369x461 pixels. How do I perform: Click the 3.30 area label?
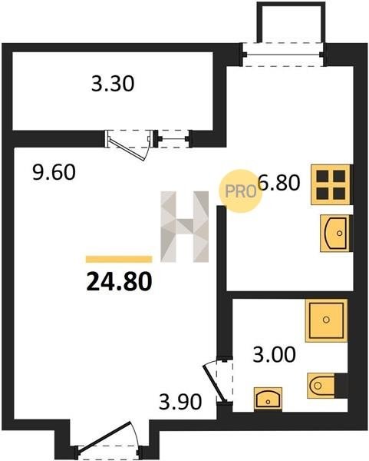coord(113,84)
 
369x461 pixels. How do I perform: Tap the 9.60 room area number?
coord(54,172)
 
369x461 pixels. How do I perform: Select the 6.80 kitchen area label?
coord(278,182)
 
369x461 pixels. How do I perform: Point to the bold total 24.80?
coord(119,281)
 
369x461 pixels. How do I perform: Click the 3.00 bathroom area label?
coord(274,354)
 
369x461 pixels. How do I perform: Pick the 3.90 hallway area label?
coord(180,402)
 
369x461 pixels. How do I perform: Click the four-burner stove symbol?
coord(331,184)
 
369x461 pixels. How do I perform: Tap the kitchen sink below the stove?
coord(335,233)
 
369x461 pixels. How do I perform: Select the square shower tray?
coord(326,320)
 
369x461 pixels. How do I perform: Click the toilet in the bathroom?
coord(321,386)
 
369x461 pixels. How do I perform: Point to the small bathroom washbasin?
coord(268,399)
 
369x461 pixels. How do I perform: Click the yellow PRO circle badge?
coord(240,191)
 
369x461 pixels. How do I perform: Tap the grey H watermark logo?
coord(184,227)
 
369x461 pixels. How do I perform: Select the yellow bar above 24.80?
coord(119,259)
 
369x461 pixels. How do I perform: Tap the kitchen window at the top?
coord(283,55)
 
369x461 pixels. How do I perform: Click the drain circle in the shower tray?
coord(326,320)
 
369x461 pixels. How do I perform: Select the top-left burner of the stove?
coord(322,176)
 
